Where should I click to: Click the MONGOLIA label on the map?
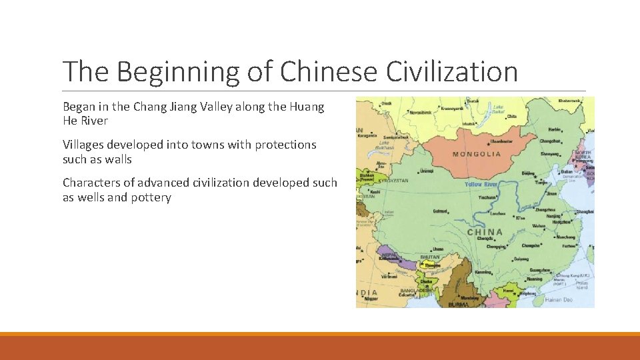tap(477, 154)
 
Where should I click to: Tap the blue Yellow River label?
tap(482, 184)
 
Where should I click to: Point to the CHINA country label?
tap(485, 232)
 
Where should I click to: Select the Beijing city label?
tap(528, 173)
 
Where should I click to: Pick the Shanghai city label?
tap(585, 211)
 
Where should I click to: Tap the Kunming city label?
tap(483, 272)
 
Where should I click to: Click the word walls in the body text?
tap(118, 159)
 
